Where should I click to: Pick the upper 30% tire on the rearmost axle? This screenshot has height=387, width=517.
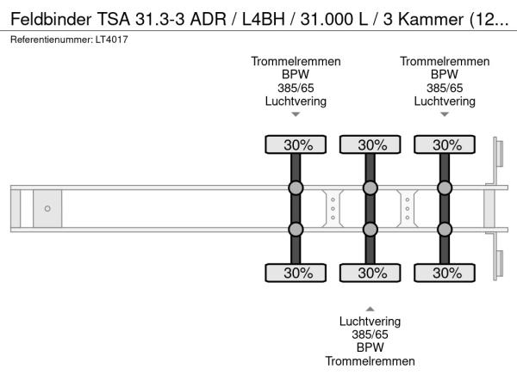[x=445, y=144]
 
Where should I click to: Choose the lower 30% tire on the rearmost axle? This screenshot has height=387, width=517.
[x=445, y=273]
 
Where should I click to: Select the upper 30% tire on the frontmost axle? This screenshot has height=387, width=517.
[x=296, y=144]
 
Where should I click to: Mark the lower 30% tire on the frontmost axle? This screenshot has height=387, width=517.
[x=296, y=273]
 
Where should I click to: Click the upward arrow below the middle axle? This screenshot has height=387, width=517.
[x=370, y=307]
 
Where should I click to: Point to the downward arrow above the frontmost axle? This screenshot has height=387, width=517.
[x=296, y=114]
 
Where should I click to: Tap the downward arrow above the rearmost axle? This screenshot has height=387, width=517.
[x=445, y=114]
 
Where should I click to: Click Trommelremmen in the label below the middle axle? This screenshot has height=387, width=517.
[x=370, y=361]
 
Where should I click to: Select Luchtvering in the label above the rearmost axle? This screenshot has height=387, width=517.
[x=445, y=101]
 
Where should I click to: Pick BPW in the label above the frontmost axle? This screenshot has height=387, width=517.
[x=296, y=75]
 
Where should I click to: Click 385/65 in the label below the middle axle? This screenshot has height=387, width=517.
[x=370, y=335]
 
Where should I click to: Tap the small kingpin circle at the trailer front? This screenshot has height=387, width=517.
[x=47, y=208]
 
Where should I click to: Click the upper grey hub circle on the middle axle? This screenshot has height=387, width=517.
[x=371, y=187]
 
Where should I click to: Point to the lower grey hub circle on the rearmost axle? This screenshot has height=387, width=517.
[x=445, y=229]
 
